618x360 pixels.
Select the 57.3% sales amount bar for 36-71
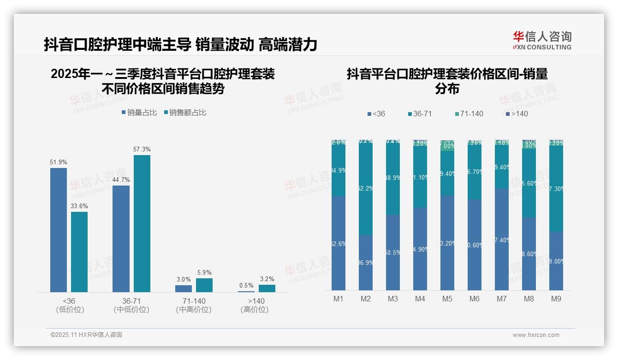click(142, 223)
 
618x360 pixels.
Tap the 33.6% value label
click(79, 206)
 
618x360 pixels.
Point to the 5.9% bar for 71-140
click(204, 285)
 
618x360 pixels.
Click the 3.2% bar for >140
click(267, 288)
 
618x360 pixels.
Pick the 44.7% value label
click(121, 180)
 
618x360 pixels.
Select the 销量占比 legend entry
click(139, 112)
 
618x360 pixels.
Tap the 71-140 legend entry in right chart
click(469, 114)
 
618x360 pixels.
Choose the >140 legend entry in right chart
click(517, 114)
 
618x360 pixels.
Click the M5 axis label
click(447, 299)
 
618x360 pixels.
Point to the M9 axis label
click(556, 299)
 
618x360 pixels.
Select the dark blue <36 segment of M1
click(339, 243)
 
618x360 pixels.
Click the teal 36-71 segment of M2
click(366, 188)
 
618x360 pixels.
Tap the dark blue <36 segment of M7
click(502, 239)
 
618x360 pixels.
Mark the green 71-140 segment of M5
click(447, 146)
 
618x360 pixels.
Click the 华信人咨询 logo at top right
click(542, 40)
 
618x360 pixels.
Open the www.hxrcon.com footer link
click(536, 335)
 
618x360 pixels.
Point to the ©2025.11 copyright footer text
click(86, 335)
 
